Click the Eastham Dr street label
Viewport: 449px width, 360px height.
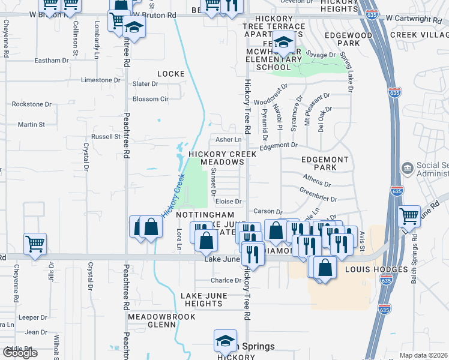(x=52, y=61)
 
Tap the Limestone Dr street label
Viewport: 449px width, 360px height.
(x=101, y=80)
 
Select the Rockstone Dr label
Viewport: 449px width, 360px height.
(x=32, y=104)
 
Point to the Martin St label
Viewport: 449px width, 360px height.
(x=31, y=125)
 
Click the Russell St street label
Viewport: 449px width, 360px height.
(x=106, y=137)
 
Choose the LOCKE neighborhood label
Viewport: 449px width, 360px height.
(x=171, y=74)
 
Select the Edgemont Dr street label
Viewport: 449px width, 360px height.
(x=279, y=145)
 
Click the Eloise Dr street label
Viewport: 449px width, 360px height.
(x=229, y=202)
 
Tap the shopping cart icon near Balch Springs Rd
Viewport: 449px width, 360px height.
(x=409, y=216)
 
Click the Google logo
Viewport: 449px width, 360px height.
(x=20, y=353)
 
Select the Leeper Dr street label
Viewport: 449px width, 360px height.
(x=32, y=317)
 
